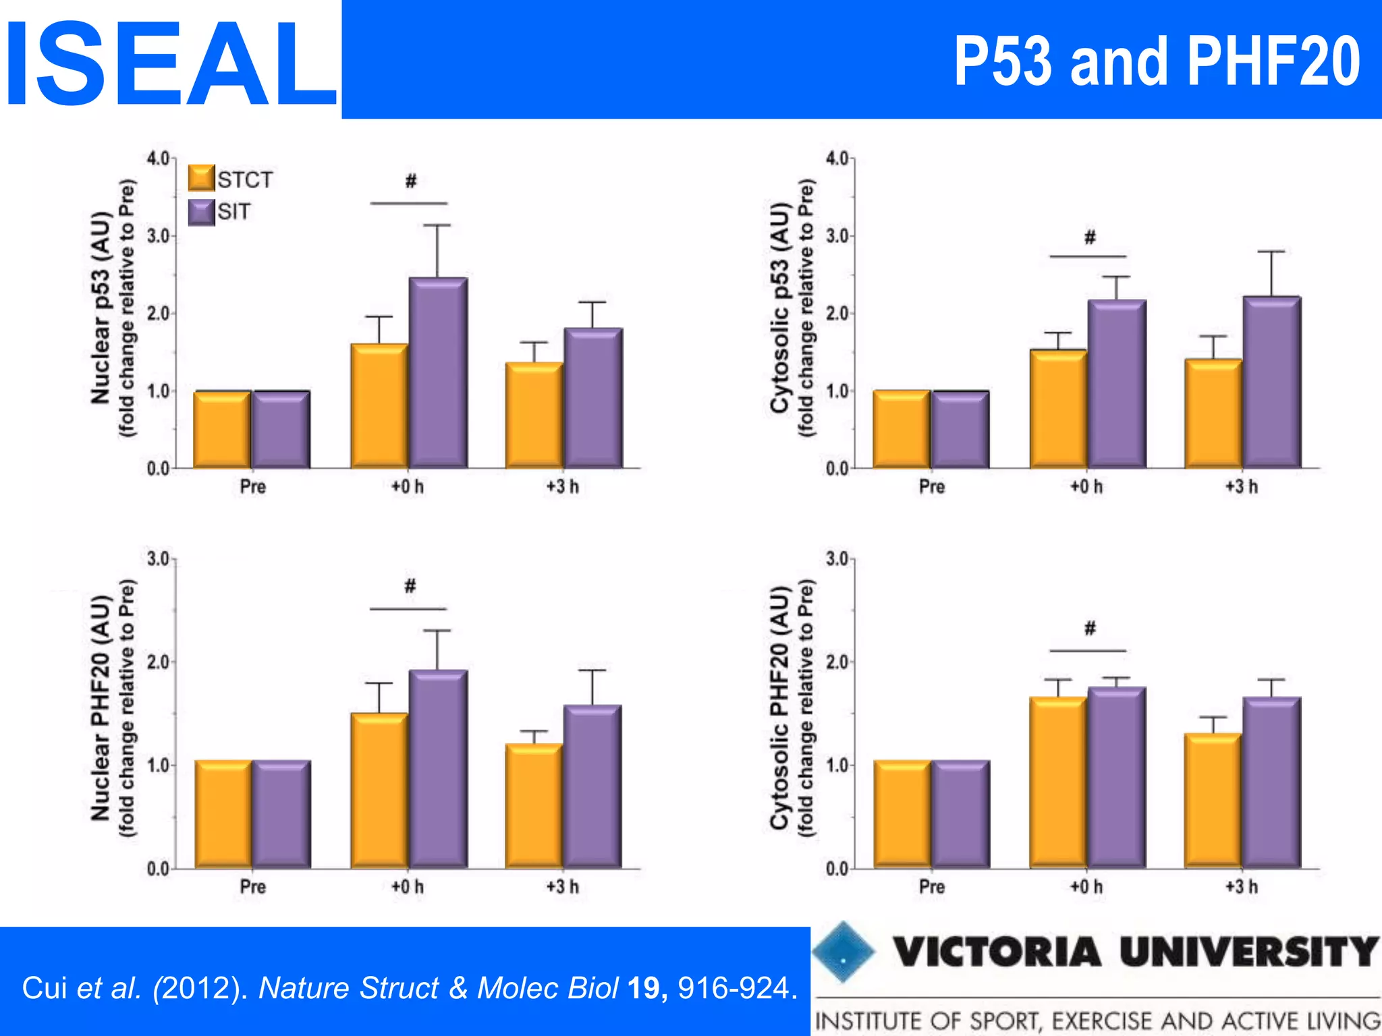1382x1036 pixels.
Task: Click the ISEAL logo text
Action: coord(170,62)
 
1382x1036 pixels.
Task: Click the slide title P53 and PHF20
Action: coord(1157,62)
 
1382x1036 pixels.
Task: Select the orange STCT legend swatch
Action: coord(201,178)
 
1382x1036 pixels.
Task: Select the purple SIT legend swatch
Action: coord(201,212)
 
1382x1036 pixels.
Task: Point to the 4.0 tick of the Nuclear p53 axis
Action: coord(159,159)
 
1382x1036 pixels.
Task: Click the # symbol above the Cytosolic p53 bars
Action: coord(1090,237)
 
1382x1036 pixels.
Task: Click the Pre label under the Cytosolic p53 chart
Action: coord(931,486)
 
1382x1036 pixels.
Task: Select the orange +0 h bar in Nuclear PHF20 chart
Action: coord(379,790)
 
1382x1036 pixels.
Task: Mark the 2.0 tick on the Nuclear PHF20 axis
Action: coord(159,662)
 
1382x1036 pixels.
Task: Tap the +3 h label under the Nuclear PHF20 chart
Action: coord(562,886)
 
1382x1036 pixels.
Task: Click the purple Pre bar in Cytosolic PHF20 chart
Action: coord(960,814)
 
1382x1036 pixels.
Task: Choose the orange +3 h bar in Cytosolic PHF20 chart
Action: coord(1213,801)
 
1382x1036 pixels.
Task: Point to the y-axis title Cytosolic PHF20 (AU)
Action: coord(780,708)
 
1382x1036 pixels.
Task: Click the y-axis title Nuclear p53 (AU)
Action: coord(101,308)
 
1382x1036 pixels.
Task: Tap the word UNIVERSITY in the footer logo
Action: coord(1248,951)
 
